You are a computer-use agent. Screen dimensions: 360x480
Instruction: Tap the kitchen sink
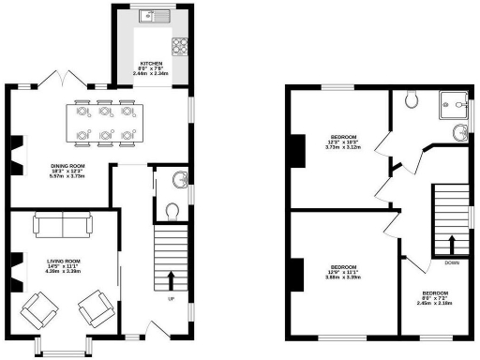(x=149, y=15)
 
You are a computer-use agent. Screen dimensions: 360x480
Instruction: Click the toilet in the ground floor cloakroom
(x=172, y=209)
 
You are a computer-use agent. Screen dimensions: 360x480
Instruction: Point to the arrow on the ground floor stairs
(x=171, y=279)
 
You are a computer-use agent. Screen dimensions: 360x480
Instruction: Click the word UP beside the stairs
(x=170, y=299)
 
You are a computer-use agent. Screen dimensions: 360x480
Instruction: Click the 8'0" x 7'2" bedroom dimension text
(x=435, y=298)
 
